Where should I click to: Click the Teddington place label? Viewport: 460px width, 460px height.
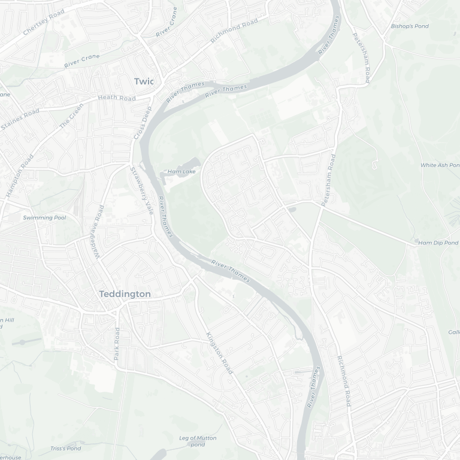coord(125,294)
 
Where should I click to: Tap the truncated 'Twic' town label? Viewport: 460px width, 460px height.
coord(144,81)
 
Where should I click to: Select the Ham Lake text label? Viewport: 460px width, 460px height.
coord(181,172)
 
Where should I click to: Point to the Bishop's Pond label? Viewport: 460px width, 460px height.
coord(410,26)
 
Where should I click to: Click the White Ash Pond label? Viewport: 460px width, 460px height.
coord(439,165)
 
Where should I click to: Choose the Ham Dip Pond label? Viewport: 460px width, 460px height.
coord(438,243)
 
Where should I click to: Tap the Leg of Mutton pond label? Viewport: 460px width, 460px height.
coord(198,441)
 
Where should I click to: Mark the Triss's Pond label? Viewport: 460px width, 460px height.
coord(65,448)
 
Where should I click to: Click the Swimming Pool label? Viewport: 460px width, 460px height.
coord(45,217)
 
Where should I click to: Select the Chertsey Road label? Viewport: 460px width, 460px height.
coord(43,23)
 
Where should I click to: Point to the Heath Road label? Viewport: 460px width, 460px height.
coord(117,98)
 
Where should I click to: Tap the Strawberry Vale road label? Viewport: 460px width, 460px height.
coord(142,190)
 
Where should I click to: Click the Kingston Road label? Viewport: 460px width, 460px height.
coord(219,353)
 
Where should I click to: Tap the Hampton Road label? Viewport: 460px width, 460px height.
coord(19,175)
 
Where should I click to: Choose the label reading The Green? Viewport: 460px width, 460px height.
coord(71,116)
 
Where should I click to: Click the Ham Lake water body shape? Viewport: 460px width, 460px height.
coord(190,164)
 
